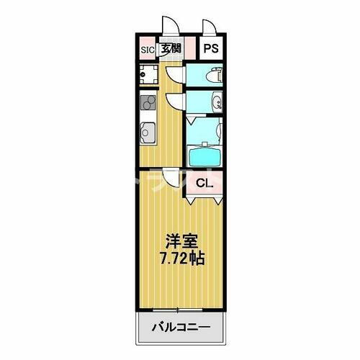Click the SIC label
[147, 50]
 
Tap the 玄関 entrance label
[171, 50]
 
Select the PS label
[210, 49]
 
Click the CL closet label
[204, 182]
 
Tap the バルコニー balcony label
[180, 328]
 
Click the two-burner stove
[148, 102]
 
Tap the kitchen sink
[147, 133]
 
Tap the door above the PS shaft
[210, 27]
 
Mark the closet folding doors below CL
[204, 198]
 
